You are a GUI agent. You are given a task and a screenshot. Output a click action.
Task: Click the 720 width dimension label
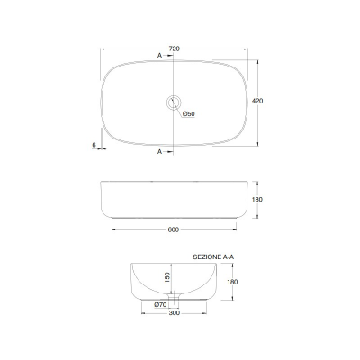click(175, 49)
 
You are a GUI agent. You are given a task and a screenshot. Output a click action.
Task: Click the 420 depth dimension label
click(257, 101)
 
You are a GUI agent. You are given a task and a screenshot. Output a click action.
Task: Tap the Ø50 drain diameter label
click(189, 114)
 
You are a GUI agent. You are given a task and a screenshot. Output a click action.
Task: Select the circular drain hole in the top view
click(174, 103)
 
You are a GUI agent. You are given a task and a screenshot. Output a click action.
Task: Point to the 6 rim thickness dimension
click(94, 145)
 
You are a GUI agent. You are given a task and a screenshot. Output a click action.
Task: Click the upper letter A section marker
click(159, 56)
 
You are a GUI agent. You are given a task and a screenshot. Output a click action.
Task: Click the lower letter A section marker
click(159, 152)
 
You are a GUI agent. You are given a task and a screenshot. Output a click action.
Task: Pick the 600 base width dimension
click(174, 229)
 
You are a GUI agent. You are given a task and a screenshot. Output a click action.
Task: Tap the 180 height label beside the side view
click(257, 200)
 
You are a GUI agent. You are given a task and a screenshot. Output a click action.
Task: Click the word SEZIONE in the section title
click(207, 257)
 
